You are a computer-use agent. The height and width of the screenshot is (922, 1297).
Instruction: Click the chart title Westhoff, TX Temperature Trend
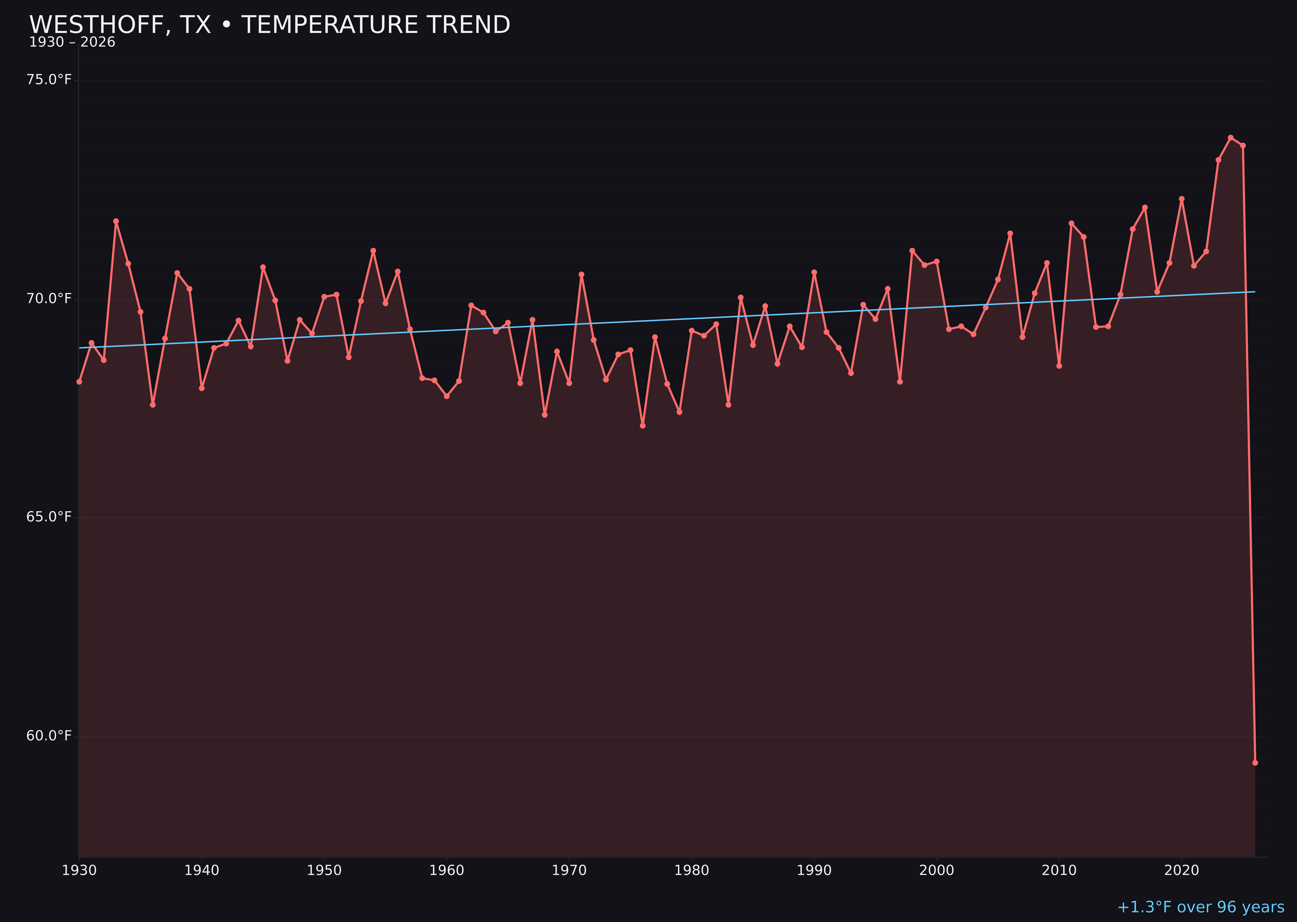pos(270,25)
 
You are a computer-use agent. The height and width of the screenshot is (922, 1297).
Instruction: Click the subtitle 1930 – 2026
pos(72,42)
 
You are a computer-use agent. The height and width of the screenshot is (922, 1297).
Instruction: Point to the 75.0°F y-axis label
pos(49,79)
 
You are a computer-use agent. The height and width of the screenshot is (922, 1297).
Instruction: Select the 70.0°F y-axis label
pos(49,299)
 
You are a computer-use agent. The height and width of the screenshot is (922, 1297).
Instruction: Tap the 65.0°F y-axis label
pos(49,517)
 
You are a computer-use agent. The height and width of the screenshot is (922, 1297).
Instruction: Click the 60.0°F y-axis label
pos(49,736)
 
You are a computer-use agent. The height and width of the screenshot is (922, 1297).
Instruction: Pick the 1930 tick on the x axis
pos(79,870)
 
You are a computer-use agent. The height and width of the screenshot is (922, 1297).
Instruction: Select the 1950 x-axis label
pos(324,870)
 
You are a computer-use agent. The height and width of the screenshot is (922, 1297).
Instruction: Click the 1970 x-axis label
pos(569,870)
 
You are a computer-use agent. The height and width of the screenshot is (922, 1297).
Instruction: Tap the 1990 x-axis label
pos(814,870)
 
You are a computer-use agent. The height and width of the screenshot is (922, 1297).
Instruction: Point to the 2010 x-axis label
pos(1059,870)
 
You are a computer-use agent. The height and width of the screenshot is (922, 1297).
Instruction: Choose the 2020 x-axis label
pos(1181,870)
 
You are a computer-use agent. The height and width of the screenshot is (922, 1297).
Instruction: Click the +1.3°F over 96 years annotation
pos(1200,907)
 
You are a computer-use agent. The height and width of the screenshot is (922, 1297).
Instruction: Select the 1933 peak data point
pos(116,221)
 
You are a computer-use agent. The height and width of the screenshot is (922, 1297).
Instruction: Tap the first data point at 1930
pos(79,382)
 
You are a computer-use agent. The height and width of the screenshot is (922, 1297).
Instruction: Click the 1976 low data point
pos(642,425)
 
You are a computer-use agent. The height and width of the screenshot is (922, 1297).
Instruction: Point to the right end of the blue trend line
pos(1255,292)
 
